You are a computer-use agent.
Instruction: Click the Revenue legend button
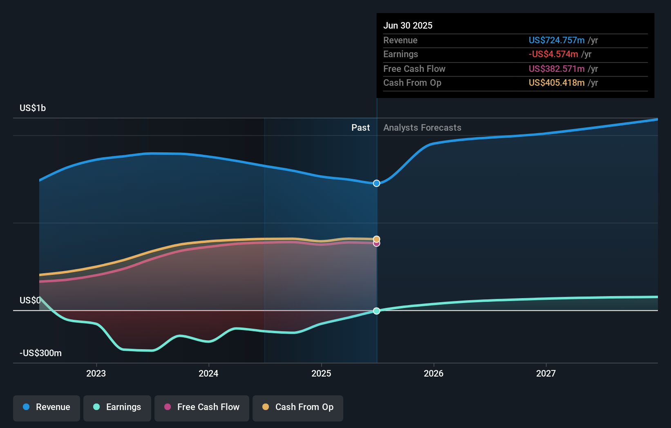tap(47, 407)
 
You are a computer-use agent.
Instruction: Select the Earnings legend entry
tap(117, 407)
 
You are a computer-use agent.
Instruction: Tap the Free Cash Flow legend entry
tap(202, 407)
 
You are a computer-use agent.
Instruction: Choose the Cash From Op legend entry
tap(298, 407)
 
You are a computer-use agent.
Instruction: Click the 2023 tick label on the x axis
tap(96, 373)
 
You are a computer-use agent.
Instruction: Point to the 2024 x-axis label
tap(208, 373)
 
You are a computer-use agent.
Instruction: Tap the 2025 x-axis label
tap(321, 373)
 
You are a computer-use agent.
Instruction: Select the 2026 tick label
tap(434, 373)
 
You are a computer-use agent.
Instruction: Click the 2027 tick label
tap(546, 373)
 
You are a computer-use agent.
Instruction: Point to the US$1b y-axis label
tap(33, 108)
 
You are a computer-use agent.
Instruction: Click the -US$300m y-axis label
tap(40, 353)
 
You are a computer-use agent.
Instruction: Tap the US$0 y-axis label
tap(30, 300)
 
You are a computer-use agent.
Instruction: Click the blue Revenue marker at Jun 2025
tap(376, 183)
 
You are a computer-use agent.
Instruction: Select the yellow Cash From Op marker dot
tap(376, 239)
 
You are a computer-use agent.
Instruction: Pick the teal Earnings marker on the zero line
tap(376, 311)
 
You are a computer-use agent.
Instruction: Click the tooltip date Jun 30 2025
tap(407, 25)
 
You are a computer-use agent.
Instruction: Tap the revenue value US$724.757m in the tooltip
tap(556, 40)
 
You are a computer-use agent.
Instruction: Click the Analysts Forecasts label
tap(422, 127)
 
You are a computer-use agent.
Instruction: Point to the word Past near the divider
tap(360, 127)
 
